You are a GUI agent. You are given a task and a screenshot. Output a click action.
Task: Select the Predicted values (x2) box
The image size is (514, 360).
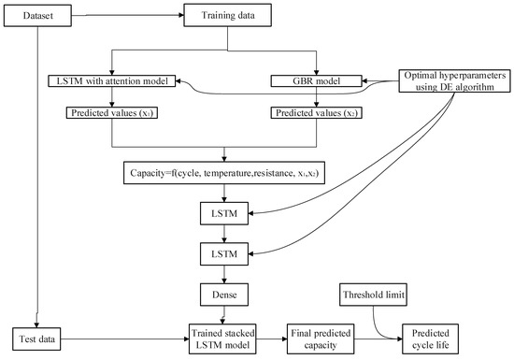coord(305,113)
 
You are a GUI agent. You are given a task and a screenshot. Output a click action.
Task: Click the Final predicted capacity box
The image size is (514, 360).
coord(322,334)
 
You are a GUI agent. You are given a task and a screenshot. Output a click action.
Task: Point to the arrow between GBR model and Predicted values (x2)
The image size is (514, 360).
coord(305,99)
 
